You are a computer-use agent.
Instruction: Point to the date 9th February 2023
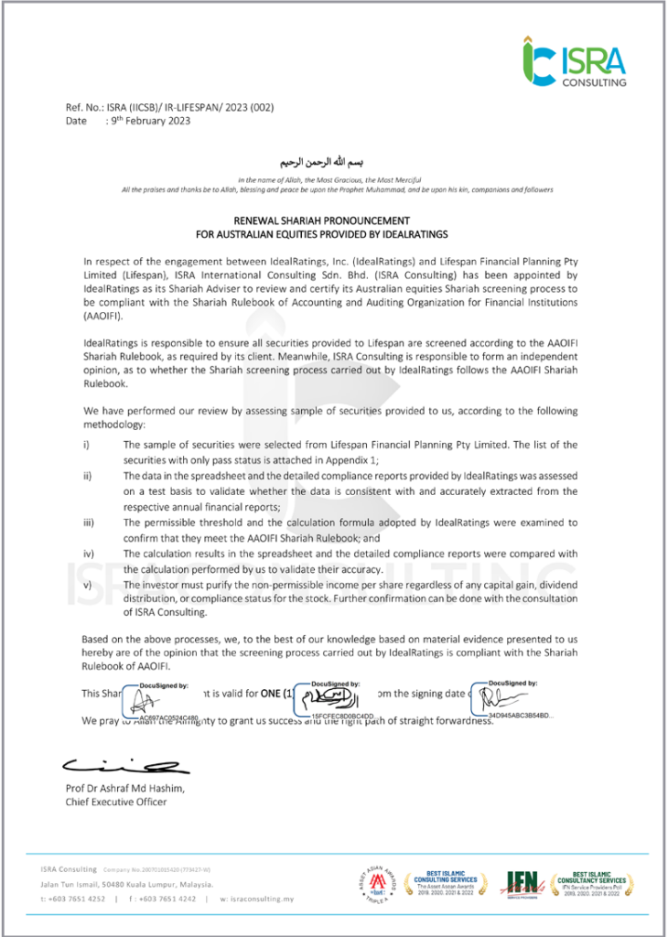click(149, 121)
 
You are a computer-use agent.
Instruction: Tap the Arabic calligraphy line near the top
click(339, 161)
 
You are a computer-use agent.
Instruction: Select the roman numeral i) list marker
click(86, 444)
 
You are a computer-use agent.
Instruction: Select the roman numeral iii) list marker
click(88, 522)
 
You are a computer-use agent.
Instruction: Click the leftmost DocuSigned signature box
click(150, 699)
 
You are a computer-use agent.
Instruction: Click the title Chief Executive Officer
click(115, 802)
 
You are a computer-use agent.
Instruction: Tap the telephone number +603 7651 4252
click(78, 899)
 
